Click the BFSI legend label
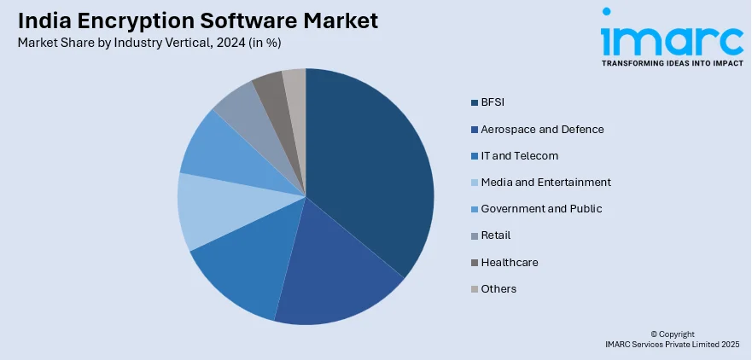coord(493,102)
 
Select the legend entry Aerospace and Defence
coord(542,130)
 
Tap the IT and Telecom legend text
coord(519,156)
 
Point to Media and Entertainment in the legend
coord(545,183)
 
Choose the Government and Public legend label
coord(541,209)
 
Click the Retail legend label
coord(496,235)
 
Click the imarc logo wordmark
coord(672,40)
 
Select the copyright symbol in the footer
coord(653,334)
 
